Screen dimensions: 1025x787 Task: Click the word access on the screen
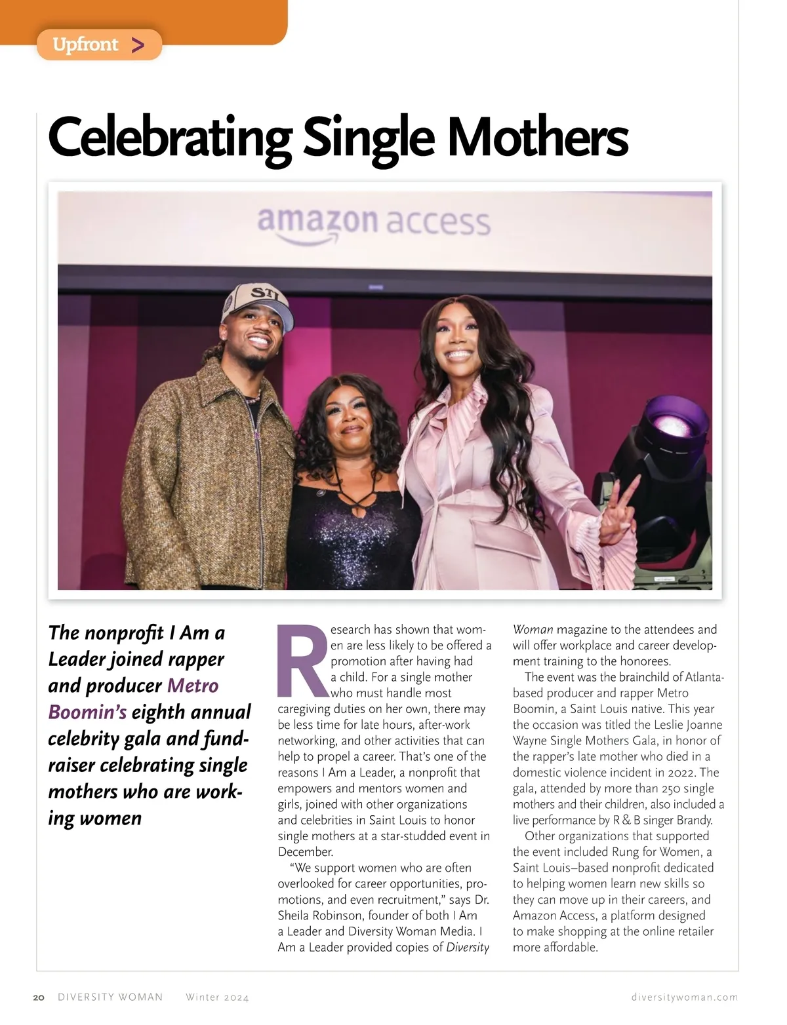point(437,223)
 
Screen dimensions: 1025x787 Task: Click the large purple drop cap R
point(302,662)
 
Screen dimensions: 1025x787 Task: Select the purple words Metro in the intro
point(193,686)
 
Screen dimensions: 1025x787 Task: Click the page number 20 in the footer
point(39,997)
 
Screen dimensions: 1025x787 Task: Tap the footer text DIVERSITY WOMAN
point(110,997)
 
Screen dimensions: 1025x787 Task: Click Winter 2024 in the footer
point(217,997)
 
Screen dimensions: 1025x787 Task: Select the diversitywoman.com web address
point(684,997)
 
